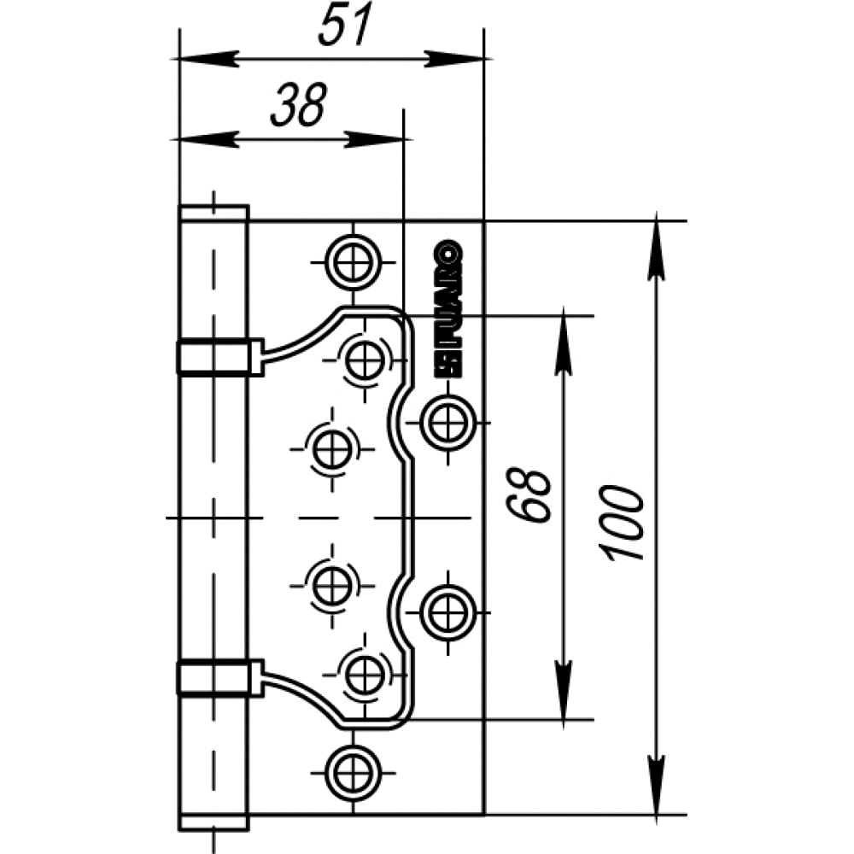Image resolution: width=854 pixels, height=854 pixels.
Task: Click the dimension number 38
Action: (298, 104)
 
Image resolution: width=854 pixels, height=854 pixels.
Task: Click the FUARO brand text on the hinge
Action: (447, 309)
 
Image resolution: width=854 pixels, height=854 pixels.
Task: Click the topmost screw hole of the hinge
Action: (354, 262)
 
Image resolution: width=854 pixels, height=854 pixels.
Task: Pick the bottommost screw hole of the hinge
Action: (354, 772)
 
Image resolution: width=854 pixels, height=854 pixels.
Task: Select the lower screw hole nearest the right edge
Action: (447, 612)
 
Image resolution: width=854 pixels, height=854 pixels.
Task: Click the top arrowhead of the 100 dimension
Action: (656, 248)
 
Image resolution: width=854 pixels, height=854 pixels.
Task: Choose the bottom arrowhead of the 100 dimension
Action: (656, 785)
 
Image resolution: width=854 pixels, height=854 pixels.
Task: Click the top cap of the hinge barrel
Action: (214, 213)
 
